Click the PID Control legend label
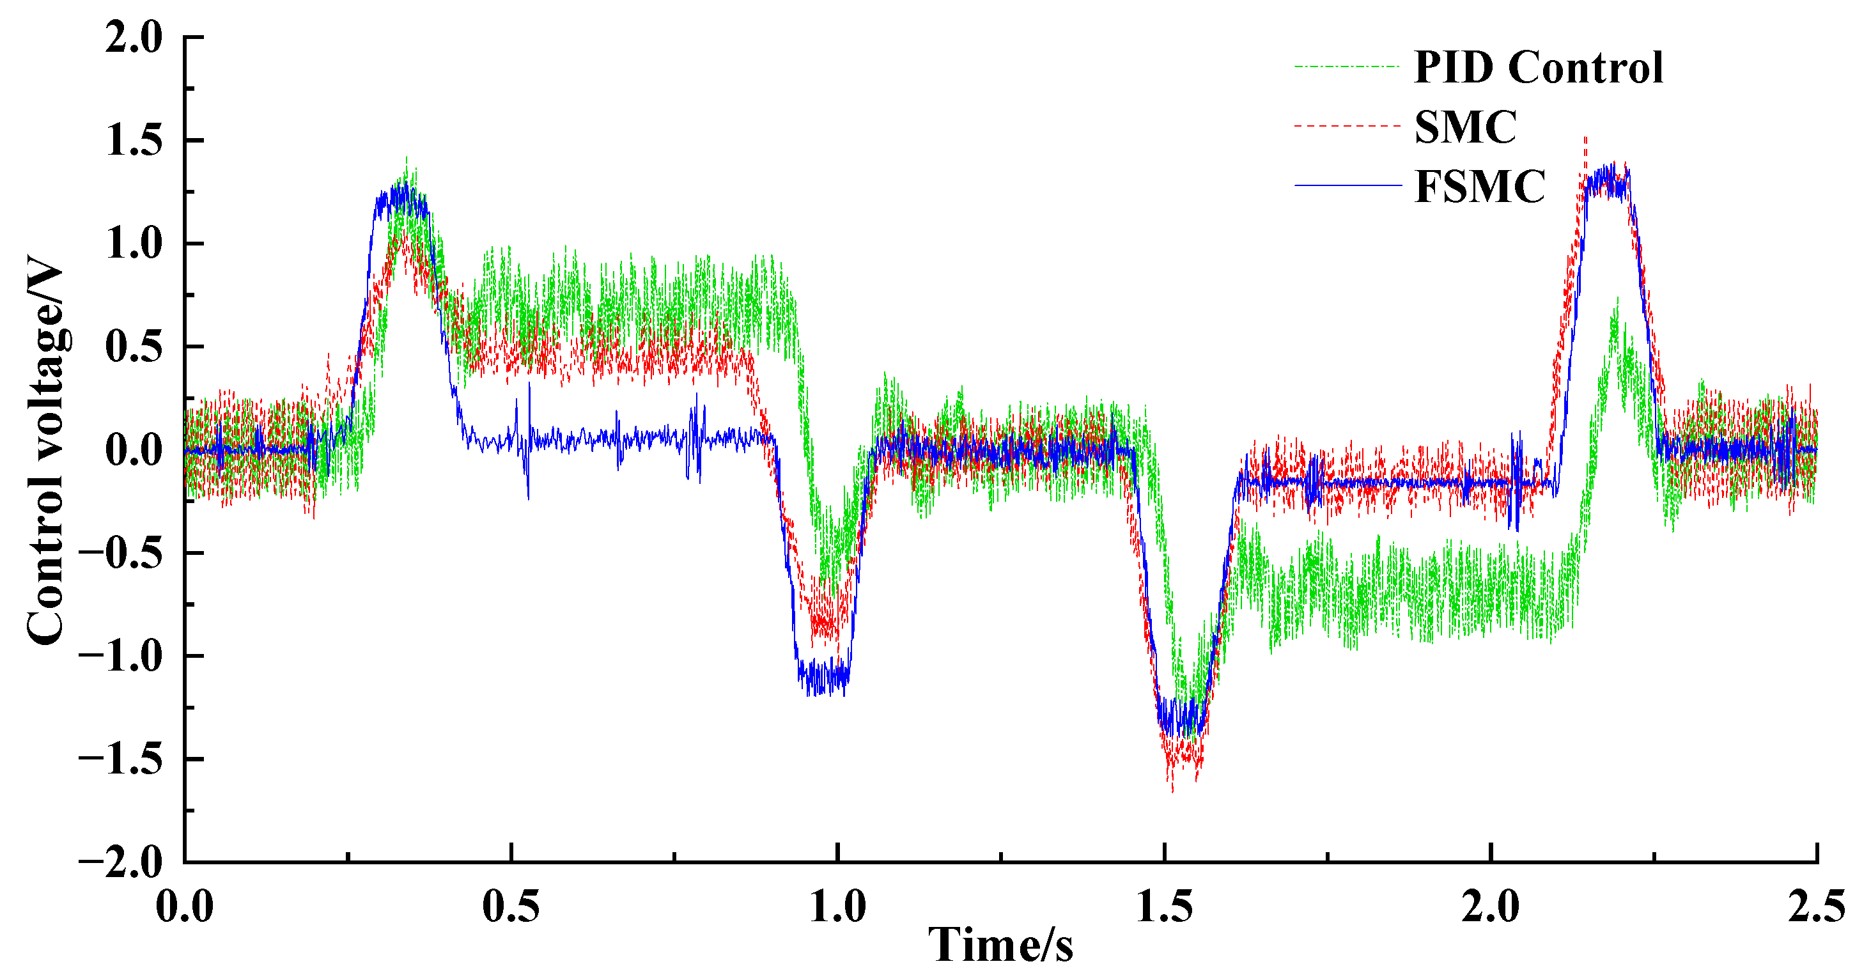click(1539, 68)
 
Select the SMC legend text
click(1466, 127)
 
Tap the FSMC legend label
click(1480, 187)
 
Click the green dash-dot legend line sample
click(1347, 67)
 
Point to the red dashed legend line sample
click(1347, 127)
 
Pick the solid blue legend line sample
click(1347, 186)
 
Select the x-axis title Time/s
click(1000, 945)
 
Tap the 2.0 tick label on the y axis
click(134, 37)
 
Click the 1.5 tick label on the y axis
click(134, 140)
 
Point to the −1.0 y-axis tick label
click(121, 656)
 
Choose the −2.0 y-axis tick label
click(121, 862)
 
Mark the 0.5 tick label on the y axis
click(134, 346)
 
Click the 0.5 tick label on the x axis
click(511, 907)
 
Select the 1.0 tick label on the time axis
click(838, 907)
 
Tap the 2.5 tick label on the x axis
click(1816, 907)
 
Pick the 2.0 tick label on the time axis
click(1491, 907)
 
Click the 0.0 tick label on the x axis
click(185, 907)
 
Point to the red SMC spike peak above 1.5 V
click(1585, 137)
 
